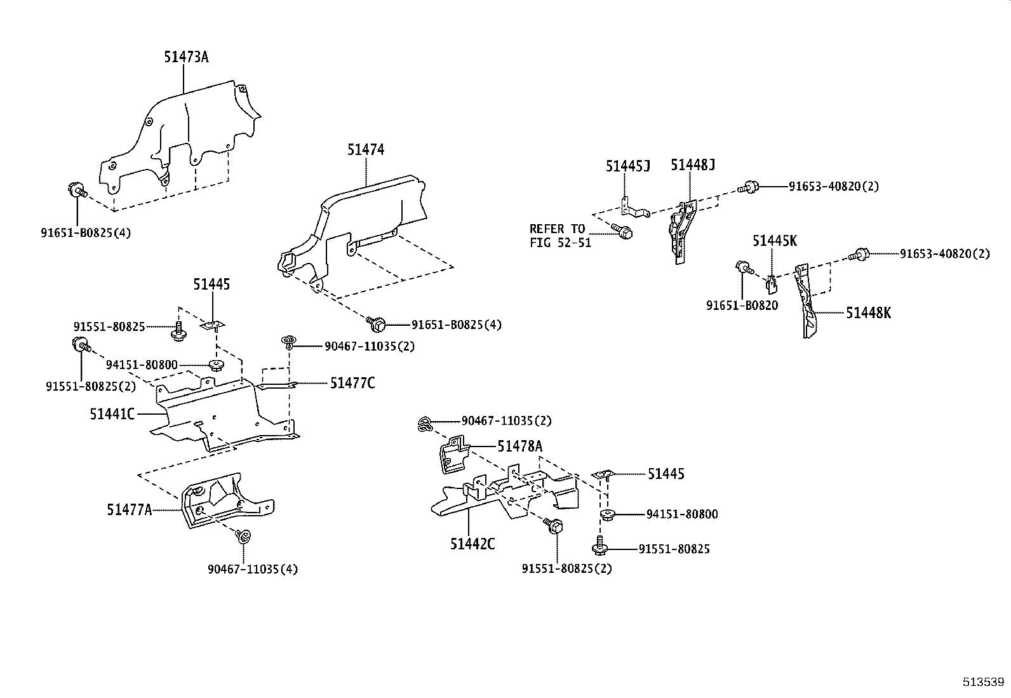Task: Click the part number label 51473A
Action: [186, 57]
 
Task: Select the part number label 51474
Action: [365, 150]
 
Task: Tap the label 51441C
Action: [112, 414]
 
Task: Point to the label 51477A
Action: [129, 509]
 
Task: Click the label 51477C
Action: [352, 383]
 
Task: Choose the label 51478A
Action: [519, 446]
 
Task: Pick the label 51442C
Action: [472, 544]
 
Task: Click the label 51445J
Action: [627, 166]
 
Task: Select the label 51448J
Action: [693, 166]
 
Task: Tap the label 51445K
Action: [774, 241]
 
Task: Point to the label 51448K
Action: [868, 313]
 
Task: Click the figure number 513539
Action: [982, 682]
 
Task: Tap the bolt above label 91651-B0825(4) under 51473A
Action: [77, 190]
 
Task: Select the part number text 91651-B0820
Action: [742, 305]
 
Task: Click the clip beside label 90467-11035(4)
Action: [243, 537]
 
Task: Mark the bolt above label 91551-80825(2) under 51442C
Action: [553, 527]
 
